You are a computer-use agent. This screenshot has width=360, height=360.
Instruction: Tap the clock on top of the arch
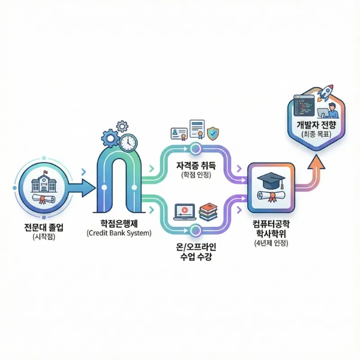pos(128,143)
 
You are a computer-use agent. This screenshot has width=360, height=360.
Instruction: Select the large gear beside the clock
pos(110,139)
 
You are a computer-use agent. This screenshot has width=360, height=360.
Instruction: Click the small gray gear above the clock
pos(122,126)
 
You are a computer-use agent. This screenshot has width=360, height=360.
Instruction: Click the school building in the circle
pos(44,182)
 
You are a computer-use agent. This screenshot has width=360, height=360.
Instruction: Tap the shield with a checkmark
pos(213,133)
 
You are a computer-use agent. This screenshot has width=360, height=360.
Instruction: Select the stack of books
pos(208,212)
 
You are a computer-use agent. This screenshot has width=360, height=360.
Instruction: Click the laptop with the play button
pos(185,212)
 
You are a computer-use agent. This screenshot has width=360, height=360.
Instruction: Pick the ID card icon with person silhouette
pos(179,134)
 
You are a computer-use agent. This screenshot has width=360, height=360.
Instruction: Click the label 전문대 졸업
pos(44,227)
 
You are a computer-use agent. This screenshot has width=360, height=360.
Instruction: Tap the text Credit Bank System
pos(119,233)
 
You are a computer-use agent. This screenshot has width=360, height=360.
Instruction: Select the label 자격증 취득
pos(196,166)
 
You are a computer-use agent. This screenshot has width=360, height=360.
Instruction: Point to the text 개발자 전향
pos(316,125)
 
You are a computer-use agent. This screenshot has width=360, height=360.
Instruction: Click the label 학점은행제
pos(119,223)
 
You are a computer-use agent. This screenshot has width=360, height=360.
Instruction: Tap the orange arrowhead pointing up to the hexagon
pos(316,162)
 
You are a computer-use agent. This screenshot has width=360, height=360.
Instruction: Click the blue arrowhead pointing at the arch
pos(89,188)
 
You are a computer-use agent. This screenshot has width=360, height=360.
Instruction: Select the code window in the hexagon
pos(304,106)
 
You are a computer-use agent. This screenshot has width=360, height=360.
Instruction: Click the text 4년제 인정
pos(271,243)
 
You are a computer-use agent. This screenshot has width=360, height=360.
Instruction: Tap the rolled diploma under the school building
pos(44,199)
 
